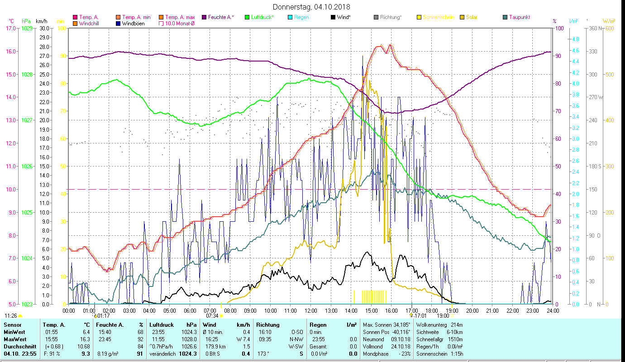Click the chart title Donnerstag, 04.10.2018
click(x=312, y=7)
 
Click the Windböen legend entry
click(x=134, y=24)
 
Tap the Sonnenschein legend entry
click(x=438, y=17)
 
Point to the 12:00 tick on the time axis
click(x=311, y=311)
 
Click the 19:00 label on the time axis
click(x=452, y=311)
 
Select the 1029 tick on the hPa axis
click(x=27, y=28)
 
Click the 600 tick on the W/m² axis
click(x=609, y=28)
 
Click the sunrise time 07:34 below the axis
click(x=212, y=315)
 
